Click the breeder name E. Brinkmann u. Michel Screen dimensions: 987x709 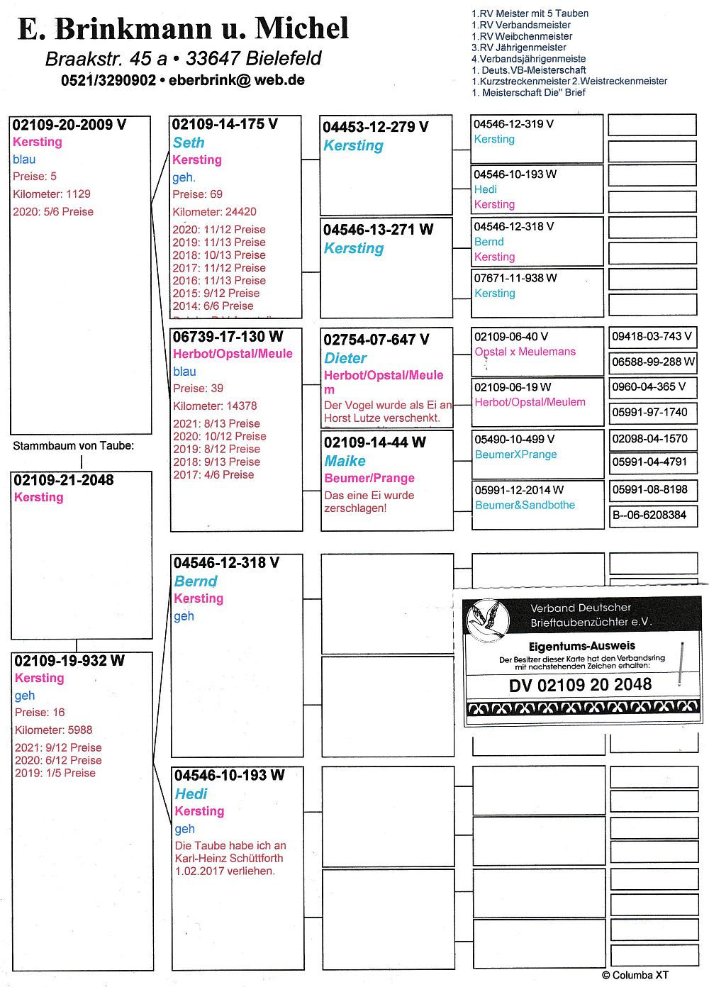[183, 28]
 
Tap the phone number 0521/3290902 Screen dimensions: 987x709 [108, 81]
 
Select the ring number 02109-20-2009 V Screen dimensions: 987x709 [69, 125]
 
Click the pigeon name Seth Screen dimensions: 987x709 [189, 143]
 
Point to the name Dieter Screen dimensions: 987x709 [345, 358]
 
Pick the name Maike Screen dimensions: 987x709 [345, 461]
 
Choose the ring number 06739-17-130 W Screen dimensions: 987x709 [228, 336]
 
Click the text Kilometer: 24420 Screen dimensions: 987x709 [214, 211]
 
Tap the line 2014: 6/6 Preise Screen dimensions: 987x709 [213, 306]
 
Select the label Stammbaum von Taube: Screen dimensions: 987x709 [73, 446]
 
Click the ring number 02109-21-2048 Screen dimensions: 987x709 [64, 480]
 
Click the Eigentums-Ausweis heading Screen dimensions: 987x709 [582, 646]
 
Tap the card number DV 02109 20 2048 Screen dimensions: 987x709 [580, 685]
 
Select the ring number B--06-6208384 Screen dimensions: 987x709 [649, 515]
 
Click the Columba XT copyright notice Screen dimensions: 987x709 [635, 975]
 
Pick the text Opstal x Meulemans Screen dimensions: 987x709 [525, 352]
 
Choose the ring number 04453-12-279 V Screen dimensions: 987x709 [375, 127]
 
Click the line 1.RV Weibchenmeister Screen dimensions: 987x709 [522, 36]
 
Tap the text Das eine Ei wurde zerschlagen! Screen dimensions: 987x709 [369, 501]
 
